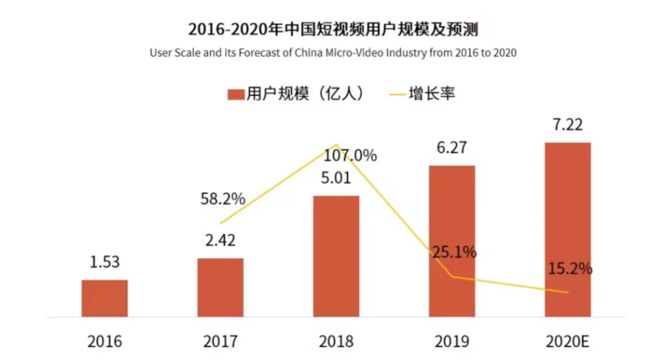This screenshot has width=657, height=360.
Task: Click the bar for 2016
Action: [x=105, y=298]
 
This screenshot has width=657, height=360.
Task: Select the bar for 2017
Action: [x=220, y=287]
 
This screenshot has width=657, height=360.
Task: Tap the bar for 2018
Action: [x=336, y=256]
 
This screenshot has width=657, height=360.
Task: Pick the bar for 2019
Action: [x=452, y=241]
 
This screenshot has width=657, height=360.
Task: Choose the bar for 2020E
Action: [x=568, y=229]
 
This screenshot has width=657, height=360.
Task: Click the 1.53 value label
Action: [x=104, y=262]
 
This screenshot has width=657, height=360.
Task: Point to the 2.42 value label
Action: [x=220, y=240]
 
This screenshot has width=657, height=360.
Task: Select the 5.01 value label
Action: [x=336, y=179]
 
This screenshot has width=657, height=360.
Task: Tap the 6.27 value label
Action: [x=452, y=148]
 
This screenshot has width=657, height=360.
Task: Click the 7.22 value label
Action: [x=567, y=126]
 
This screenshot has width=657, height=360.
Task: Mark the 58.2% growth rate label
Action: [x=223, y=199]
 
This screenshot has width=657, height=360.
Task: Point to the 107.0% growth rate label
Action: [x=350, y=156]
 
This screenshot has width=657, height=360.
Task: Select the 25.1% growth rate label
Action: [x=454, y=251]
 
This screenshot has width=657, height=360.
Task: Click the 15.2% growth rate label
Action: [x=569, y=268]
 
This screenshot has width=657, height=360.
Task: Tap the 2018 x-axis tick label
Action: [x=336, y=342]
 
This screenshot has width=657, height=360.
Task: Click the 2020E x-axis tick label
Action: [x=567, y=342]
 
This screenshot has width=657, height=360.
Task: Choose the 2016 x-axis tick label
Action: [x=105, y=342]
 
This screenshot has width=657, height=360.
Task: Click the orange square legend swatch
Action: [x=235, y=94]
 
